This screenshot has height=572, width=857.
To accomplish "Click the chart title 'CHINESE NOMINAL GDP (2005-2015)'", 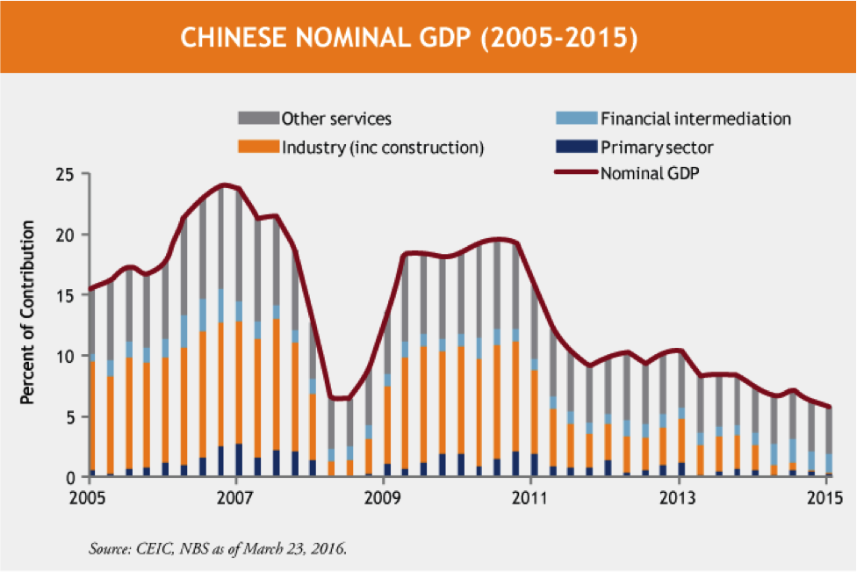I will point(408,38).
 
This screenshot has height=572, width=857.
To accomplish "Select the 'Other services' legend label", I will point(336,119).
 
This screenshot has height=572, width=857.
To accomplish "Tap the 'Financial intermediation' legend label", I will point(695,119).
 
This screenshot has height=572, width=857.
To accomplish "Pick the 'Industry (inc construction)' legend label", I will point(383,146).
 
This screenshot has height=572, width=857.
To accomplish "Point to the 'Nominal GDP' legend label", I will point(650,172).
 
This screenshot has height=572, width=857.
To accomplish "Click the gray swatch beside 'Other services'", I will point(258,119).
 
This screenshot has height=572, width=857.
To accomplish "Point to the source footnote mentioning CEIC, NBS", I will point(220,550).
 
